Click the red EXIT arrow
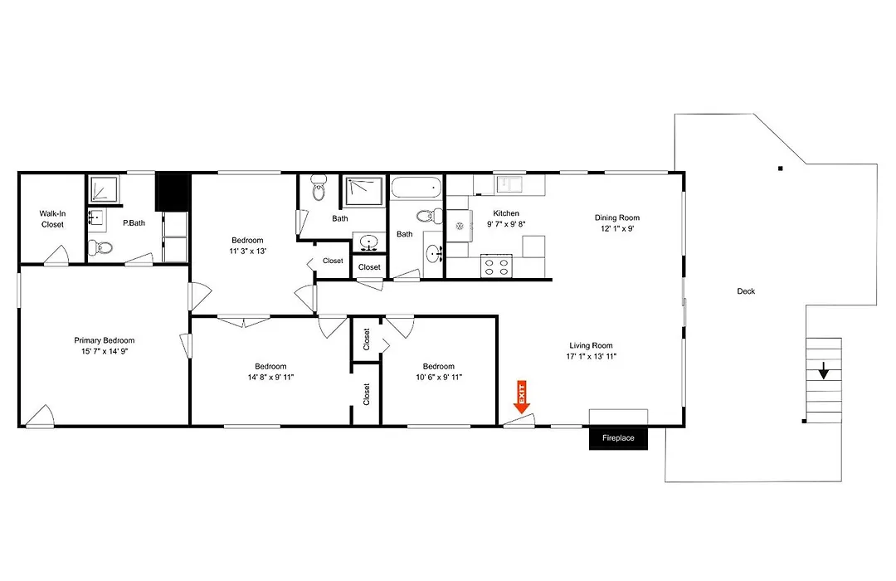tap(522, 397)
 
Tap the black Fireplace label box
tap(618, 438)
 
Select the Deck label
tap(746, 291)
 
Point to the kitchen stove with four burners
tap(497, 266)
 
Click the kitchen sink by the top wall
tap(509, 184)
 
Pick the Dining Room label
tap(617, 217)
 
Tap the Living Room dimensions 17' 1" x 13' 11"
tap(591, 356)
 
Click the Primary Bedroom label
tap(105, 340)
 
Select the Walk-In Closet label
tap(52, 219)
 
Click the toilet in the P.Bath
tap(100, 248)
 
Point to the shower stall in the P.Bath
tap(105, 188)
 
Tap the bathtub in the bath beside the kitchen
tap(416, 188)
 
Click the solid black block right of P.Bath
tap(172, 192)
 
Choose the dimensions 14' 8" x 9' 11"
tap(270, 378)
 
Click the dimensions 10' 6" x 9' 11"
tap(439, 378)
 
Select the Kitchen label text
tap(506, 213)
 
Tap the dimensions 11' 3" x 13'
tap(248, 251)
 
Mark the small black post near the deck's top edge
tap(780, 168)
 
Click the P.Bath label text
tap(134, 223)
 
